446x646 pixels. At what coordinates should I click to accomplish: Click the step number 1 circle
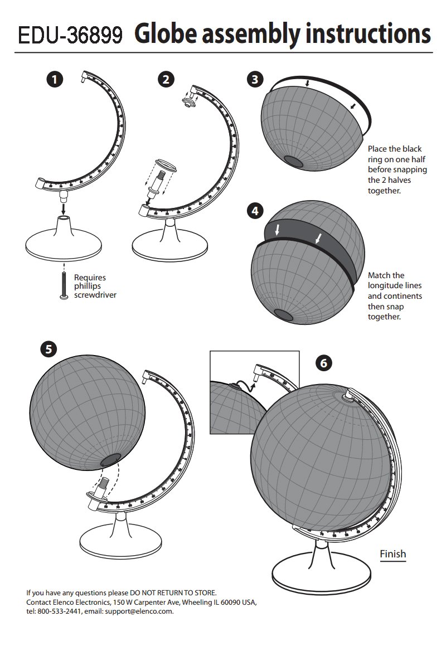point(55,79)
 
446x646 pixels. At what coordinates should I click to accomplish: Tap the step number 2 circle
point(166,79)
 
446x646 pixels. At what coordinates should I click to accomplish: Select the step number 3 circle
point(255,79)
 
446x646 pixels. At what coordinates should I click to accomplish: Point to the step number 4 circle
point(255,211)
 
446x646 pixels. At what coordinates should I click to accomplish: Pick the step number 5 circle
point(49,349)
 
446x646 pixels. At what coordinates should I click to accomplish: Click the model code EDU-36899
point(70,35)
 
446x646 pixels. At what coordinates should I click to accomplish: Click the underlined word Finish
point(393,554)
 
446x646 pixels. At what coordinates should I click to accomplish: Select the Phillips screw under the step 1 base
point(64,285)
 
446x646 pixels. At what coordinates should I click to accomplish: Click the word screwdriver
point(95,295)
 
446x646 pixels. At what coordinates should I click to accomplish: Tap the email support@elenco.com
point(139,611)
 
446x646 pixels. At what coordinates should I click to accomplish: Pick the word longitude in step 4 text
point(395,285)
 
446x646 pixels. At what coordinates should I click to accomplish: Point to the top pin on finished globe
point(349,395)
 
